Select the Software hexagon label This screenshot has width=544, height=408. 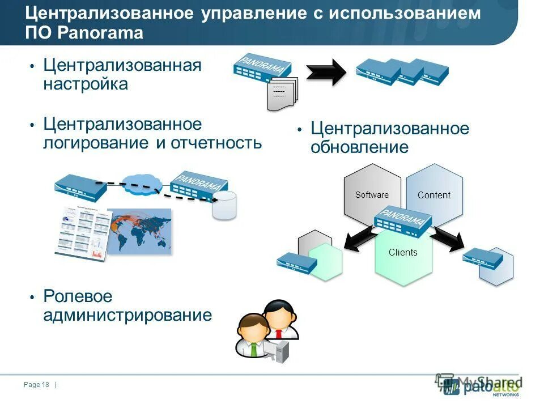point(372,195)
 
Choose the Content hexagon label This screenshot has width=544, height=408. point(434,195)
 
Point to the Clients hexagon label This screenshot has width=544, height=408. point(403,253)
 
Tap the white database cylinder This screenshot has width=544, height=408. point(224,205)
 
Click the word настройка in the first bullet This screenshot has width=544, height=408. point(86,84)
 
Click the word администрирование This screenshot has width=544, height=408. point(127,315)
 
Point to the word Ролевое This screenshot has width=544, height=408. point(78,296)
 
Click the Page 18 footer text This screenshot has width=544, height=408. point(37,385)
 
